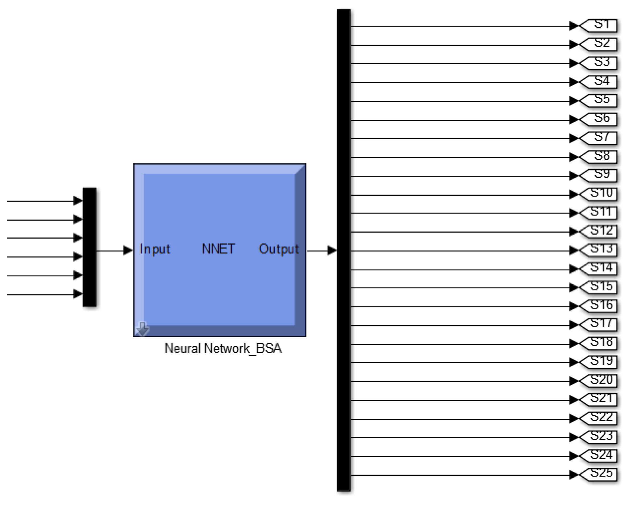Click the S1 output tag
599,26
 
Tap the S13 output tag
599,250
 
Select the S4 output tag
599,82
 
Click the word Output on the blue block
279,249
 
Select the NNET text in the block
218,249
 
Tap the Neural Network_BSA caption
223,349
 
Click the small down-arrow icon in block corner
142,329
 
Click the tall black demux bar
344,250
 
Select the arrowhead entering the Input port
128,251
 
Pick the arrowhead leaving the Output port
332,251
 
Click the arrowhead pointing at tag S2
574,45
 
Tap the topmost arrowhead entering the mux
78,200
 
